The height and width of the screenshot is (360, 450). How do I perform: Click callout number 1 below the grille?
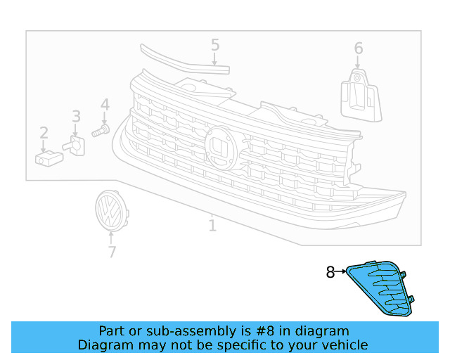[212, 226]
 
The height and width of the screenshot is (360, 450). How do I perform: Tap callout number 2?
[44, 133]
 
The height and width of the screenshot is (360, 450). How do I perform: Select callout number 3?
[76, 117]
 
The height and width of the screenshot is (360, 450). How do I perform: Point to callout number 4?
[105, 105]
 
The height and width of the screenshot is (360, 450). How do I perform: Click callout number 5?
[215, 46]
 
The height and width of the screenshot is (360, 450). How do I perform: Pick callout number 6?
[359, 49]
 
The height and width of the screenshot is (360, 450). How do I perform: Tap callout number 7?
[111, 251]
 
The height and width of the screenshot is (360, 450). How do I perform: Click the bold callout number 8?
[330, 272]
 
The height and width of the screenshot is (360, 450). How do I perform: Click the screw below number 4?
[101, 131]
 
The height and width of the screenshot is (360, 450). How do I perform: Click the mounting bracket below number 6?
[359, 97]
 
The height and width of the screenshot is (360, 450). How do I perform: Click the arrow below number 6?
[357, 63]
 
